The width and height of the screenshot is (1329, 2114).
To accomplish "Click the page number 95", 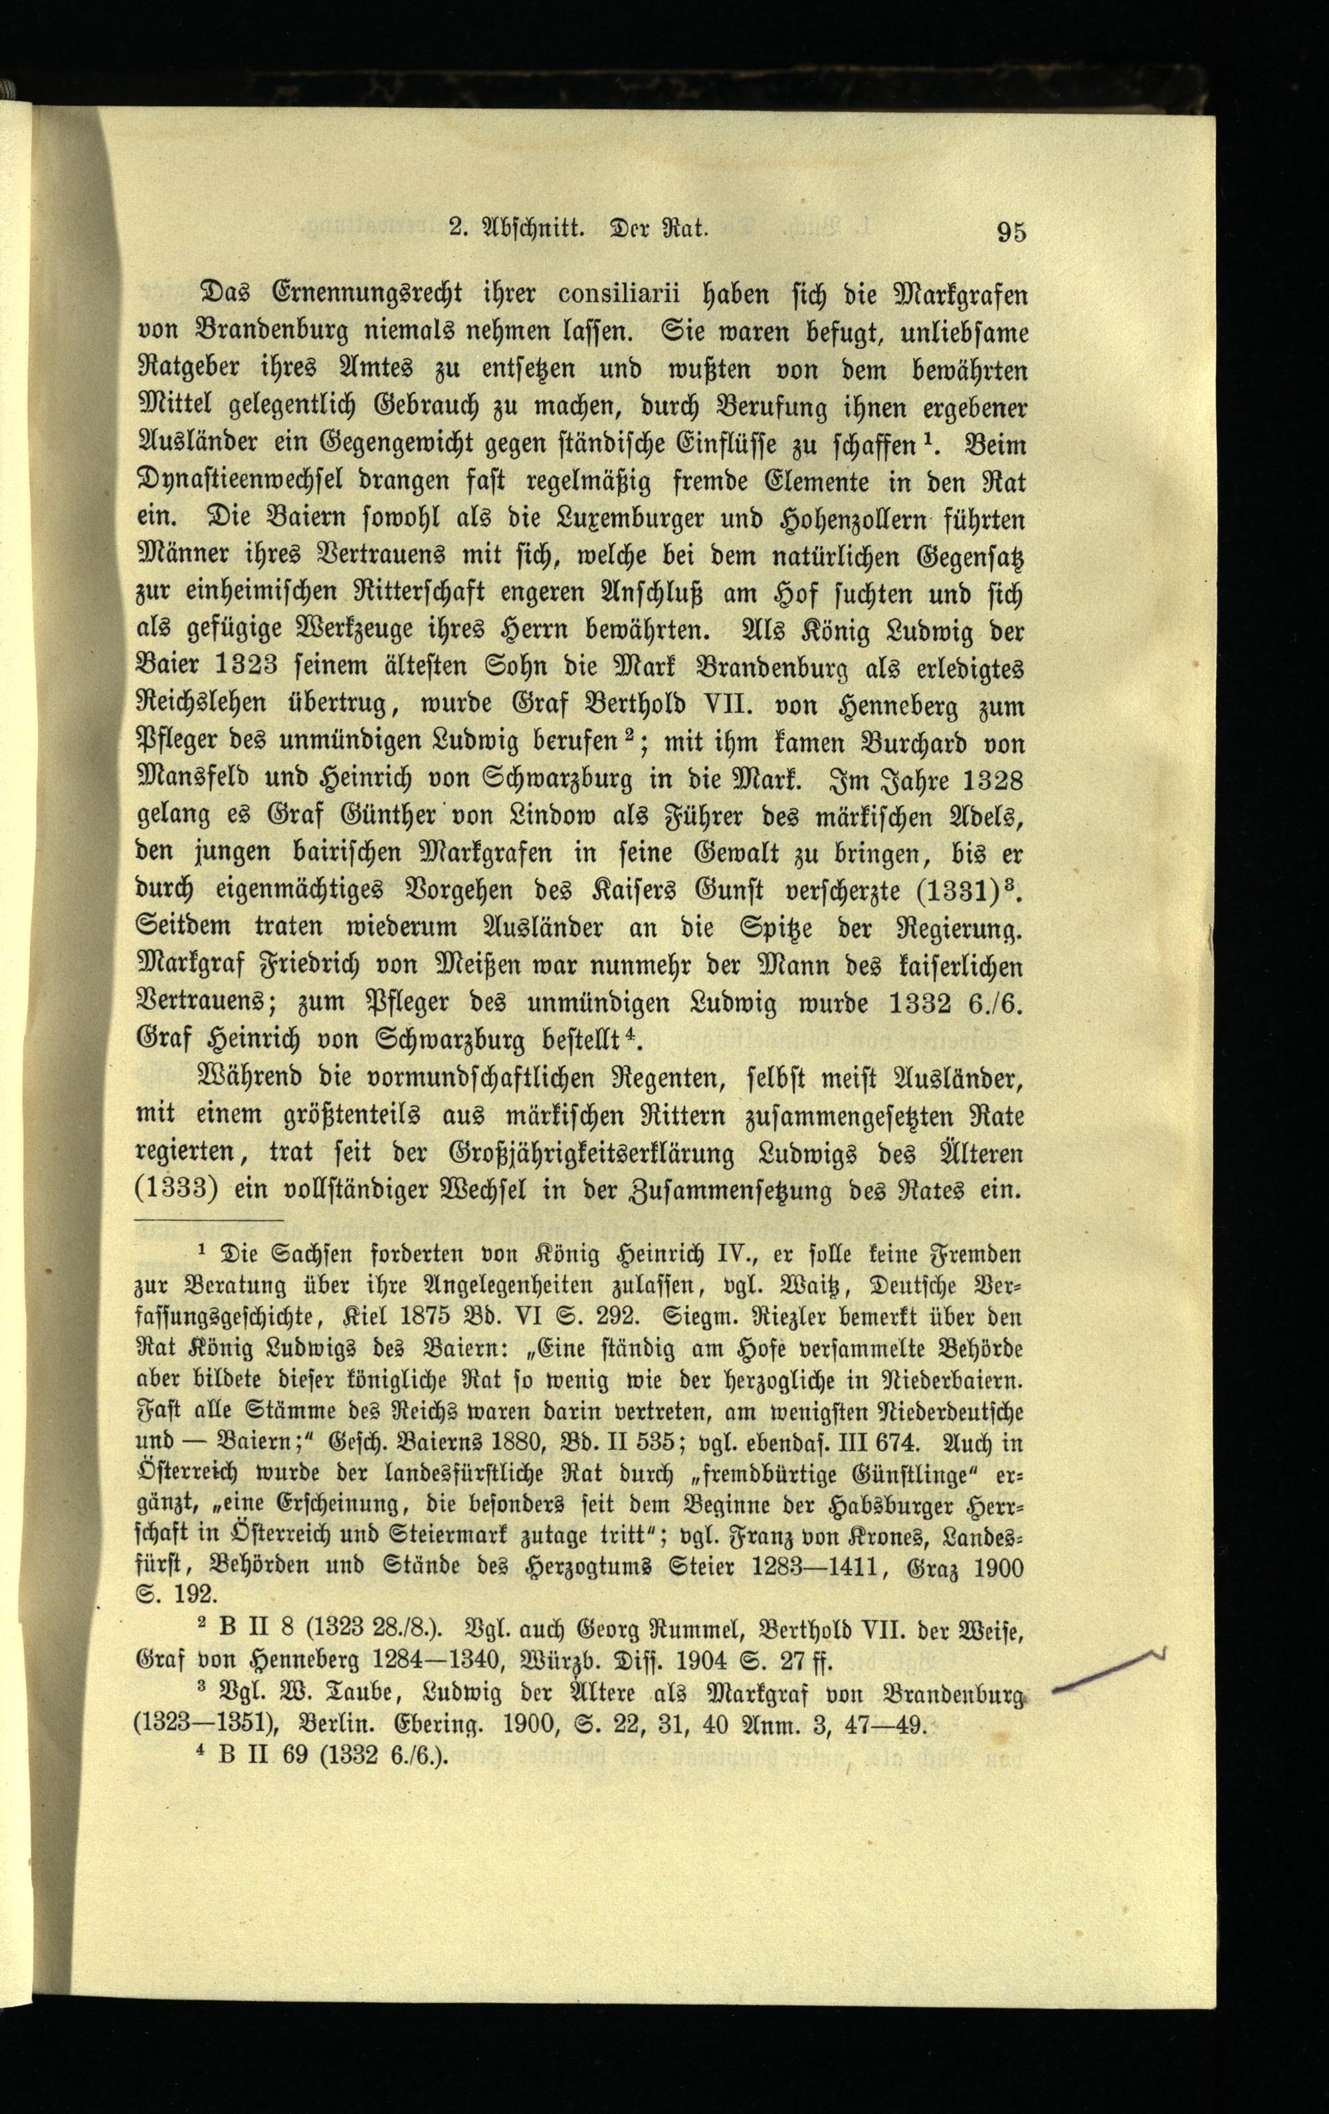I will coord(1009,232).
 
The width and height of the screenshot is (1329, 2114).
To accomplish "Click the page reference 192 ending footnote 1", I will coord(192,1595).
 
